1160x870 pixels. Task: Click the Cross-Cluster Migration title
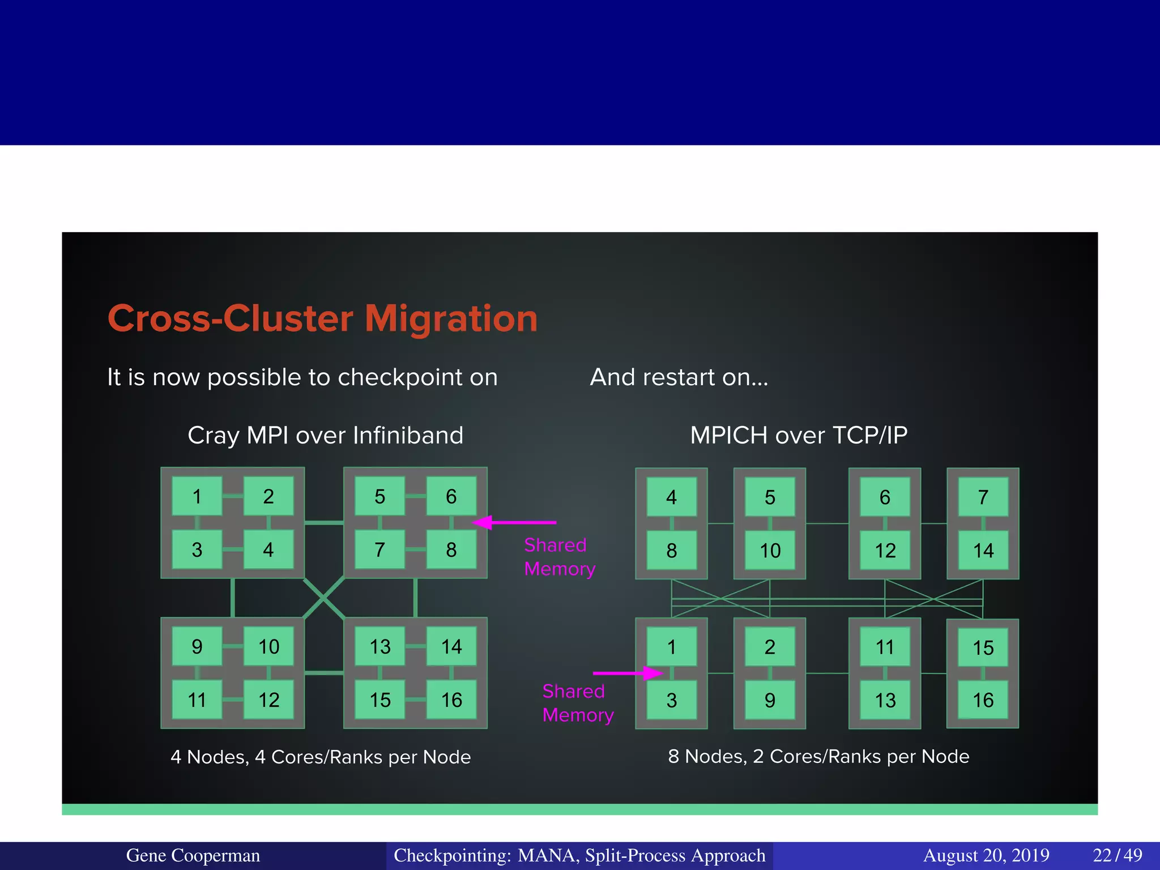322,318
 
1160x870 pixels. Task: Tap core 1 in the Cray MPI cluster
197,496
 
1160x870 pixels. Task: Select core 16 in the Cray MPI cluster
451,700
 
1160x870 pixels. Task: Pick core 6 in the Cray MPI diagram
451,496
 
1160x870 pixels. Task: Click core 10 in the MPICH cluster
770,551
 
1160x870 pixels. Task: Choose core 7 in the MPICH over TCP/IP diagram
983,497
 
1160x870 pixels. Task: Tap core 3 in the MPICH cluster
671,701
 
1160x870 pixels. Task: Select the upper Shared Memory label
559,557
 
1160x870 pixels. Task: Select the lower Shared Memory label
578,703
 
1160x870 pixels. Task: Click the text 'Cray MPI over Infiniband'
325,436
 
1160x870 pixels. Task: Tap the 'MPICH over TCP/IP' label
799,436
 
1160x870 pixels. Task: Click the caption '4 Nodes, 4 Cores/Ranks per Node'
321,757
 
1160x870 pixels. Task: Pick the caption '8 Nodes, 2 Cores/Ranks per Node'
818,756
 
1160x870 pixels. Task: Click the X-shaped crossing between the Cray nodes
323,598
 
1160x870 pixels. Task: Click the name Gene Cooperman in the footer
193,855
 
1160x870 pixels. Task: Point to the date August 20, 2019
986,855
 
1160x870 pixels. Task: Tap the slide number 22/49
1117,855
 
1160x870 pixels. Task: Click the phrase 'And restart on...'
679,377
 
